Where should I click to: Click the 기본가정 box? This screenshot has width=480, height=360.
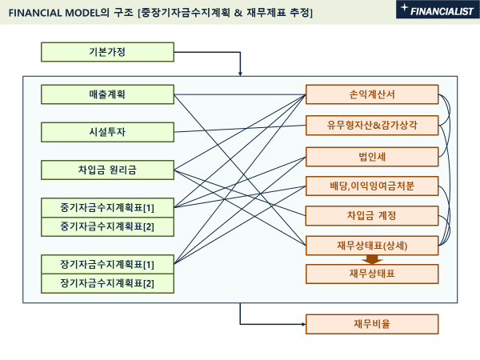pos(107,53)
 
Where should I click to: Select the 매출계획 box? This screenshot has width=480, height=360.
pos(107,95)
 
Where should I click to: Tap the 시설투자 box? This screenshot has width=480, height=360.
pos(107,132)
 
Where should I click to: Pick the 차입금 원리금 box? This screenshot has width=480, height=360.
pos(107,170)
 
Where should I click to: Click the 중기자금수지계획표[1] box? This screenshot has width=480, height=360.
pos(107,208)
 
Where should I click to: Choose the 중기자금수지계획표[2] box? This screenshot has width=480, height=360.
pos(107,226)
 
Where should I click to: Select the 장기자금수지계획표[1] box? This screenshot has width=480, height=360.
pos(107,264)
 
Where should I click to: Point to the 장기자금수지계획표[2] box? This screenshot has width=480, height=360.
pos(107,282)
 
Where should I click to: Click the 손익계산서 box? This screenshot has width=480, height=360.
pos(372,95)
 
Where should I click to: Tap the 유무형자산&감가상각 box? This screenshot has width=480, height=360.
pos(372,125)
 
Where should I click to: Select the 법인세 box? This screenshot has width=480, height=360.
pos(372,155)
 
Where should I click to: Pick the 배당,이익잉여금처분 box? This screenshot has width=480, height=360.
pos(372,186)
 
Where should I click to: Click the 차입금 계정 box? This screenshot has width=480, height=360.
pos(372,215)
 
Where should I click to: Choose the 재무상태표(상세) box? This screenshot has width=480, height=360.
pos(372,246)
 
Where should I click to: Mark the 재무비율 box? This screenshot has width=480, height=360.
pos(372,324)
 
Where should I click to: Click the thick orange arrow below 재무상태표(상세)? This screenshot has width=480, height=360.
pos(370,259)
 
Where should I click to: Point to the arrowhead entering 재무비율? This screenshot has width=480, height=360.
pos(302,324)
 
